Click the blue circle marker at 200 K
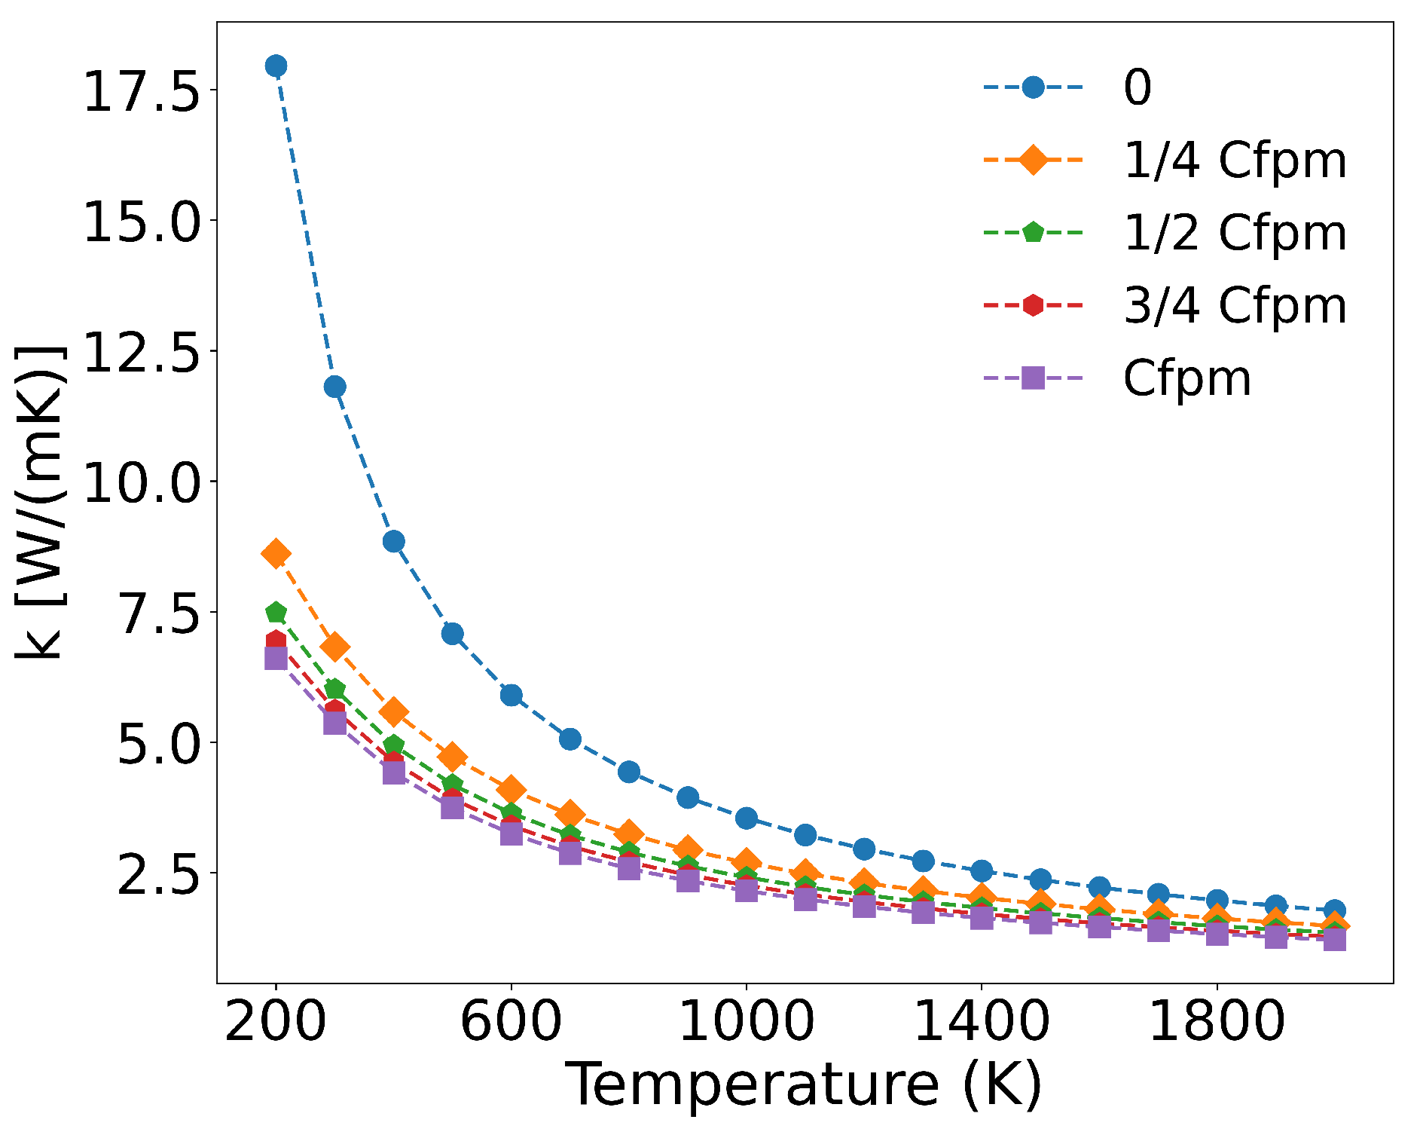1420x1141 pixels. pyautogui.click(x=276, y=66)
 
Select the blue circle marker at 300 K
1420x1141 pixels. pyautogui.click(x=334, y=387)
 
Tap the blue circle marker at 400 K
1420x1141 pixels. pyautogui.click(x=393, y=541)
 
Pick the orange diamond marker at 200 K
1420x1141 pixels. pyautogui.click(x=276, y=554)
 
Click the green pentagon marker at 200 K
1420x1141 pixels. pyautogui.click(x=276, y=611)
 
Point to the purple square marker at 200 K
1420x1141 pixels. pyautogui.click(x=276, y=658)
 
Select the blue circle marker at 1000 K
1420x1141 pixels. pyautogui.click(x=746, y=818)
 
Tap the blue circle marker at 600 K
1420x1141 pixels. pyautogui.click(x=511, y=695)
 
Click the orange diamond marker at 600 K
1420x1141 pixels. pyautogui.click(x=511, y=790)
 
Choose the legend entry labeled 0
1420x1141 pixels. pyautogui.click(x=1137, y=87)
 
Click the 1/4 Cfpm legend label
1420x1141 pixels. pyautogui.click(x=1234, y=160)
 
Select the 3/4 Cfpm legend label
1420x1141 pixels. pyautogui.click(x=1234, y=305)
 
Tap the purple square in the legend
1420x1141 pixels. pyautogui.click(x=1033, y=378)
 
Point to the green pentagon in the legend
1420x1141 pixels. pyautogui.click(x=1033, y=232)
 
